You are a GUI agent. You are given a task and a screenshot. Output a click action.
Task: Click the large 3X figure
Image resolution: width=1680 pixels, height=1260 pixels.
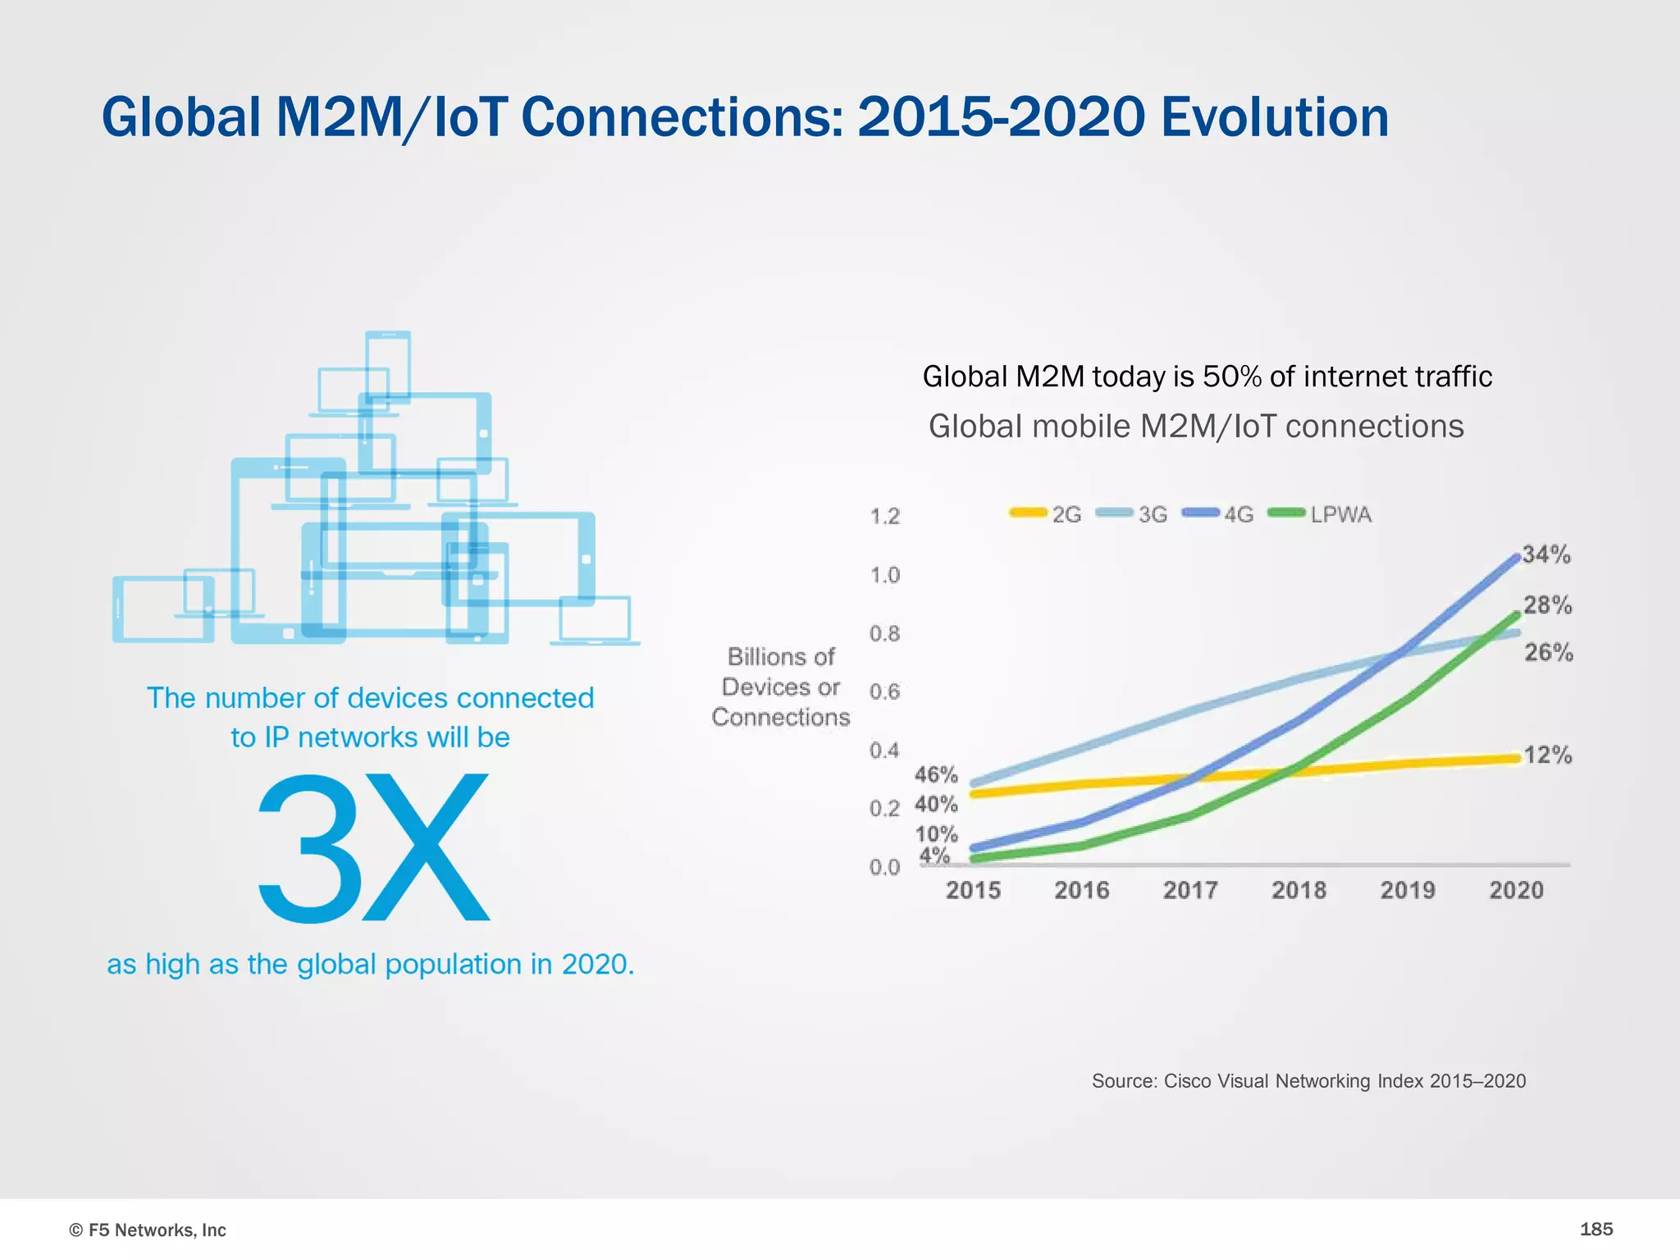tap(373, 847)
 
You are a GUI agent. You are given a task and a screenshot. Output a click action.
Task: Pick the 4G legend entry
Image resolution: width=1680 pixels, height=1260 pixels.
tap(1219, 514)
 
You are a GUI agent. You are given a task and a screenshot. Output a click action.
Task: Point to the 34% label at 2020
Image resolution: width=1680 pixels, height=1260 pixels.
tap(1546, 555)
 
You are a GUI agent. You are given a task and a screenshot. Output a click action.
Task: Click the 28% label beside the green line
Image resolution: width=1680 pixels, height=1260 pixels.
tap(1548, 605)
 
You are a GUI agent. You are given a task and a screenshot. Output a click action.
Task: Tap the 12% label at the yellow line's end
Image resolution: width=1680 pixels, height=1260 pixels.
tap(1548, 755)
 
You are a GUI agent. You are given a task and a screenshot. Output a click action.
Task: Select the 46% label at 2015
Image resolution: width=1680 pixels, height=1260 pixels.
tap(936, 774)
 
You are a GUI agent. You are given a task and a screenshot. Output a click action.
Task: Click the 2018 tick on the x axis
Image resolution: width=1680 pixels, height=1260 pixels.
tap(1299, 890)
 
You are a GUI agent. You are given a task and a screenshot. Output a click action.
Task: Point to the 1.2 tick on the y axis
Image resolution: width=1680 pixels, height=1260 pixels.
tap(884, 516)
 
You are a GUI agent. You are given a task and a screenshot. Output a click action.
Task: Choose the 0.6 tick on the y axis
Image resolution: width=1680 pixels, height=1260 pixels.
tap(884, 692)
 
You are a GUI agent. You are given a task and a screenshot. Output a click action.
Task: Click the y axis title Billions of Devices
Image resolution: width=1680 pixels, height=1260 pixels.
tap(781, 687)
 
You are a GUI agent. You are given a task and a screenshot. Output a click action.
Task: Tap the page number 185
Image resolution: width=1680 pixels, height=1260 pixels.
tap(1596, 1229)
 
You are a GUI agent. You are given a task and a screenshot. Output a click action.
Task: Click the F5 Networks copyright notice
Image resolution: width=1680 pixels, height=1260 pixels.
tap(148, 1230)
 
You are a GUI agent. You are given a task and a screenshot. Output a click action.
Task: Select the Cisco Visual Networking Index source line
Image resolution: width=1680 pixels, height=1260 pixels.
tap(1308, 1081)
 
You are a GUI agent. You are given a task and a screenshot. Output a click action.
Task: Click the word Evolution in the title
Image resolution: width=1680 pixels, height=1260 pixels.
tap(1275, 117)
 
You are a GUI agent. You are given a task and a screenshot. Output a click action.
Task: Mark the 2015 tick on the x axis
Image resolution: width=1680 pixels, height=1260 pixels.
tap(973, 890)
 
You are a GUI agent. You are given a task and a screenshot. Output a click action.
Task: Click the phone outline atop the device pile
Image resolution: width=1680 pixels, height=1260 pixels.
tap(388, 365)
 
